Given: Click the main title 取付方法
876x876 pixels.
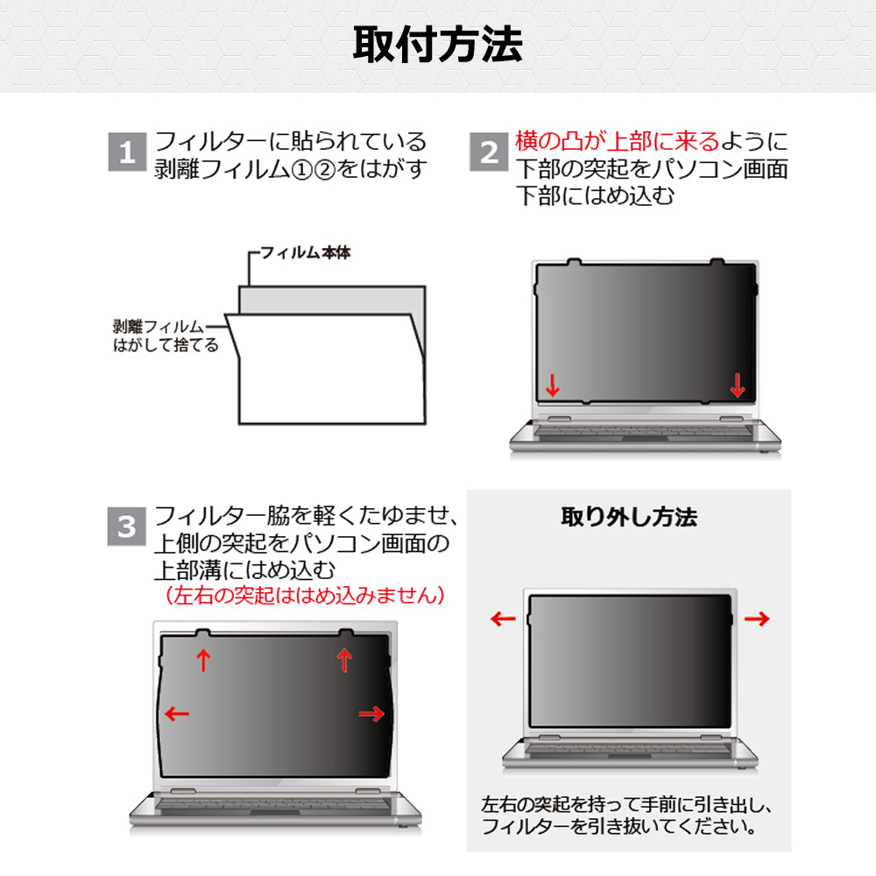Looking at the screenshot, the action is [438, 45].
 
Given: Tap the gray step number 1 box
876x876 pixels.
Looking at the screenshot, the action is [127, 152].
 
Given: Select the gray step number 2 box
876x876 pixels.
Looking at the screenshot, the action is [489, 152].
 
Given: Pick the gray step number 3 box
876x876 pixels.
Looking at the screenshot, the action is [127, 526].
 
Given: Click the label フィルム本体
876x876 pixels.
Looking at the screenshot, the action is [306, 252].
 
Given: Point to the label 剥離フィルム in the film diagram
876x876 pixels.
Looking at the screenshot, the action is [158, 326].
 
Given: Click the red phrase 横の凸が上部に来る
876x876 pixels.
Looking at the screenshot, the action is [618, 141].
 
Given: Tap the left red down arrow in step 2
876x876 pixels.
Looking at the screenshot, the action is [553, 385].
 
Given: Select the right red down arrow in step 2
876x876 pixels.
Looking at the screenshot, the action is [738, 385].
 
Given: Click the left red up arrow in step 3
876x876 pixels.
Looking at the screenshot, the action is [203, 660].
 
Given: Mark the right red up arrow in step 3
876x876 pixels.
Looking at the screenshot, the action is [344, 660].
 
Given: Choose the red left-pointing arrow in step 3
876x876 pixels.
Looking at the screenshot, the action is [177, 713].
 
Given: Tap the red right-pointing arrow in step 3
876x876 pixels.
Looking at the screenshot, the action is [371, 713].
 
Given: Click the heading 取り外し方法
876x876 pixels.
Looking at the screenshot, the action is [629, 518].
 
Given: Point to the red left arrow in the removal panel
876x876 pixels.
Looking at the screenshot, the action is [503, 618].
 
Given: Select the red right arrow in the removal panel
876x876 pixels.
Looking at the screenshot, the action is [757, 618].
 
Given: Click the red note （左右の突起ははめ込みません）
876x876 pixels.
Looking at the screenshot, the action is [305, 595].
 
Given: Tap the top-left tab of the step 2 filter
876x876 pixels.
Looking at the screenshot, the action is [574, 261].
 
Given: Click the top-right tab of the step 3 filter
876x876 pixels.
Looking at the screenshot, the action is [346, 632].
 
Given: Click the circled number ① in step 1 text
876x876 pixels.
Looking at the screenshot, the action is [301, 170].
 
